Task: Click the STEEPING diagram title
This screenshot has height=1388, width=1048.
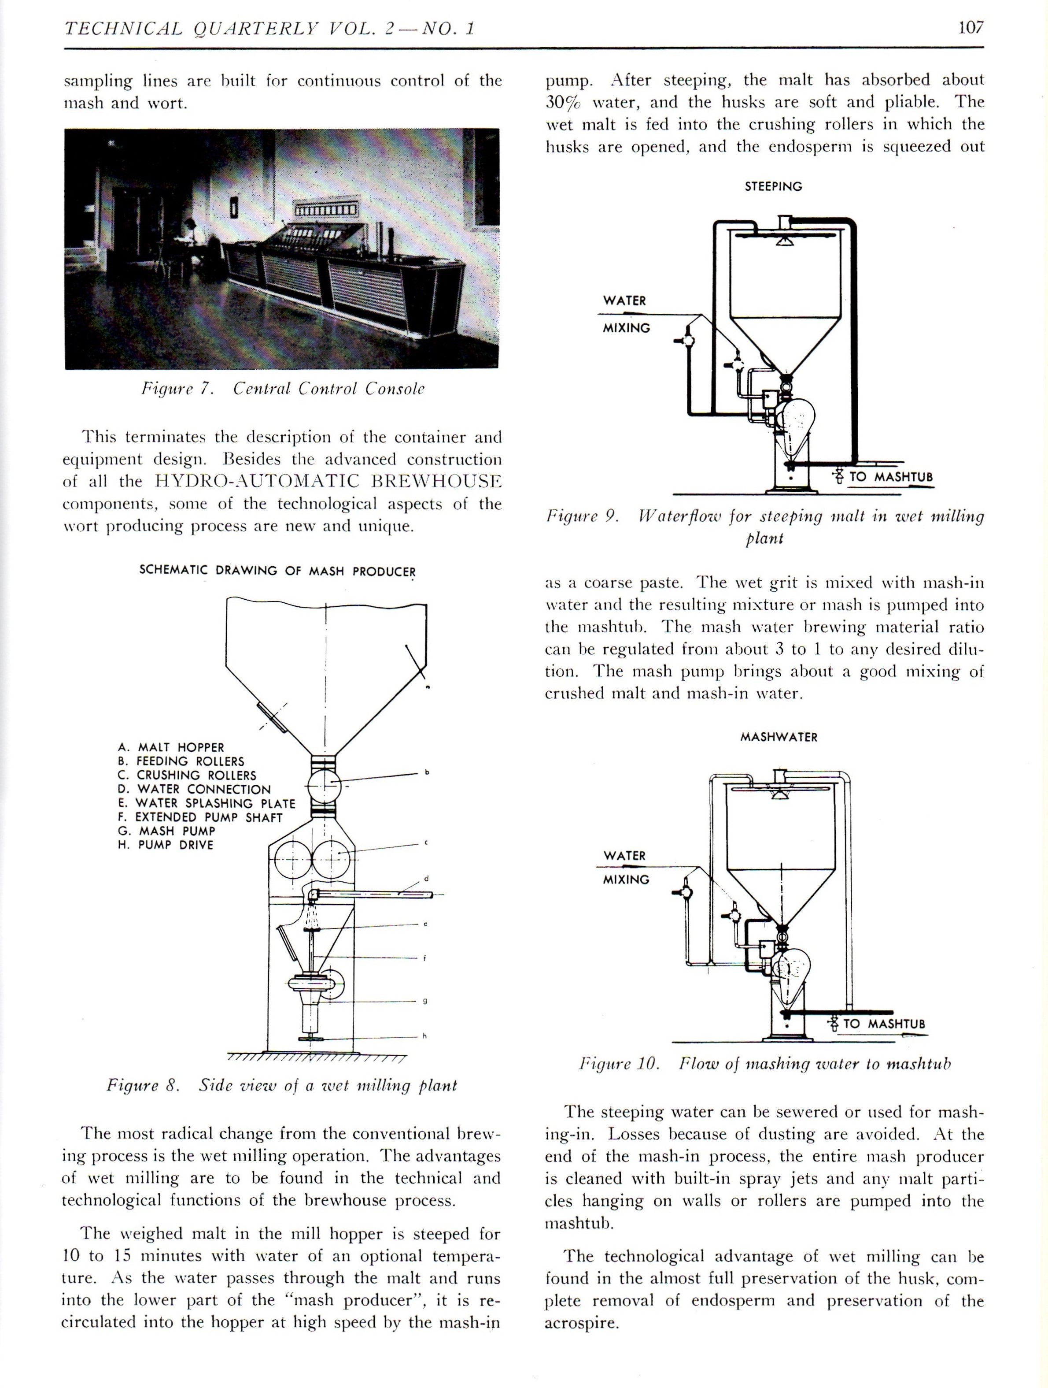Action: [773, 186]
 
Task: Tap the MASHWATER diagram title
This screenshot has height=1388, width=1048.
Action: [779, 737]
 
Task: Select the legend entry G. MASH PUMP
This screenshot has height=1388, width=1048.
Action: [166, 831]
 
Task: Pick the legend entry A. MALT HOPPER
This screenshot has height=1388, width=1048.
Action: [170, 747]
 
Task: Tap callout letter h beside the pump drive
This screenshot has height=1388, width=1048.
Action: [424, 1036]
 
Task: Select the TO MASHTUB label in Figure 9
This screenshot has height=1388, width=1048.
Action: [891, 477]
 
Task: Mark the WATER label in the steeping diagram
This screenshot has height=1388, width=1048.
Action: [624, 301]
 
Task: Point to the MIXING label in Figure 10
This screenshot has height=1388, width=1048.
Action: [625, 880]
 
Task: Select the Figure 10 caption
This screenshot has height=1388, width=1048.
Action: [764, 1064]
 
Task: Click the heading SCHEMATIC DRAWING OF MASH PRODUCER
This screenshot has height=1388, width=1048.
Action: [277, 571]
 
